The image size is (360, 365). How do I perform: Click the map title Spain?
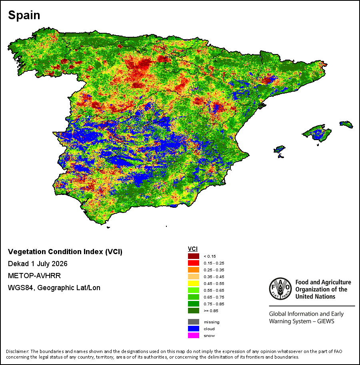[x=24, y=15]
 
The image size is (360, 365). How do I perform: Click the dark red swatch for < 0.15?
[x=193, y=256]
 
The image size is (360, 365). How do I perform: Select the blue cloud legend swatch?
[x=193, y=329]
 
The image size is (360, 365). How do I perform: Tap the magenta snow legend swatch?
[x=193, y=335]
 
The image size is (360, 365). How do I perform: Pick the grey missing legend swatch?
[x=193, y=322]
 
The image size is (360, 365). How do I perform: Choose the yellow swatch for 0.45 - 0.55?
[x=193, y=283]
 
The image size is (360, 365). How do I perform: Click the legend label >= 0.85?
[x=211, y=311]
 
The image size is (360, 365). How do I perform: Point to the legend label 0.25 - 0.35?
[x=214, y=270]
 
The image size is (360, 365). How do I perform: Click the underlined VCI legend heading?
[x=193, y=249]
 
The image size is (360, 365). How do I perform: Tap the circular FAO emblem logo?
[x=280, y=289]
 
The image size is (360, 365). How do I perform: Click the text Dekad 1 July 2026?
[x=38, y=264]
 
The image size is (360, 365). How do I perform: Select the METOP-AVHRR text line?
[x=34, y=276]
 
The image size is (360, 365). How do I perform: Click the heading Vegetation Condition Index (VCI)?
[x=65, y=252]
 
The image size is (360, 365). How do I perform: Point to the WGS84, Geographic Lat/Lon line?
[x=54, y=288]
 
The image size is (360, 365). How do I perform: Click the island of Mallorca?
[x=317, y=133]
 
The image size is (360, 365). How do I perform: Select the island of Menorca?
[x=346, y=124]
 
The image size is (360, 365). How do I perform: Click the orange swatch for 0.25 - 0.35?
[x=193, y=270]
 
